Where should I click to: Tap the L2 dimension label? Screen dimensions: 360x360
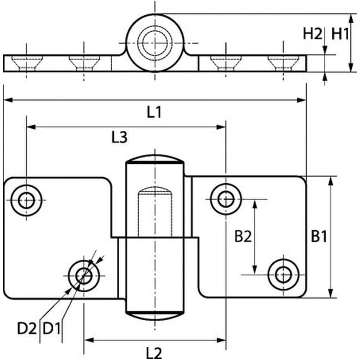pos(155,352)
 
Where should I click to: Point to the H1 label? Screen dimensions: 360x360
pos(340,34)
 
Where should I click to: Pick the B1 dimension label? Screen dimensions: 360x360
pos(319,237)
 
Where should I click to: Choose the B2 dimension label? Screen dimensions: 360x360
pos(243,237)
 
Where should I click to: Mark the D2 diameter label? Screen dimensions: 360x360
pos(27,328)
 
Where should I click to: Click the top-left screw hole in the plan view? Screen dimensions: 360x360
pos(26,200)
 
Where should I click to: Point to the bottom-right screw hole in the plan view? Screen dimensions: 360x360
pos(283,275)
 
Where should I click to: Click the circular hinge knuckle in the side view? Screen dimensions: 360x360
pos(155,43)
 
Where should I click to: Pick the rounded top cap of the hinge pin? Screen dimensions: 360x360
pos(155,159)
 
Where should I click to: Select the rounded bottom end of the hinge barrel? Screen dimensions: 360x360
pos(155,315)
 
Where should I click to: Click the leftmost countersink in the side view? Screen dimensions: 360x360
pos(27,62)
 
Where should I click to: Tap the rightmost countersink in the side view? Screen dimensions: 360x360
pos(283,62)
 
